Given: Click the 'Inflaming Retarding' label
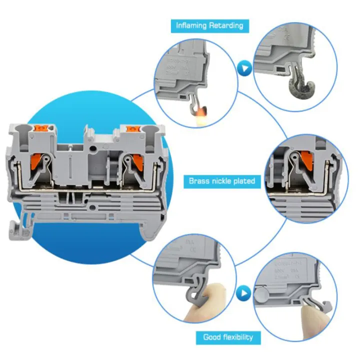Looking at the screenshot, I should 209,25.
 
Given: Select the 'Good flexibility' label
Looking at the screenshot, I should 227,337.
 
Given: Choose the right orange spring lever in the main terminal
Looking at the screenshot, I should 131,163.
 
